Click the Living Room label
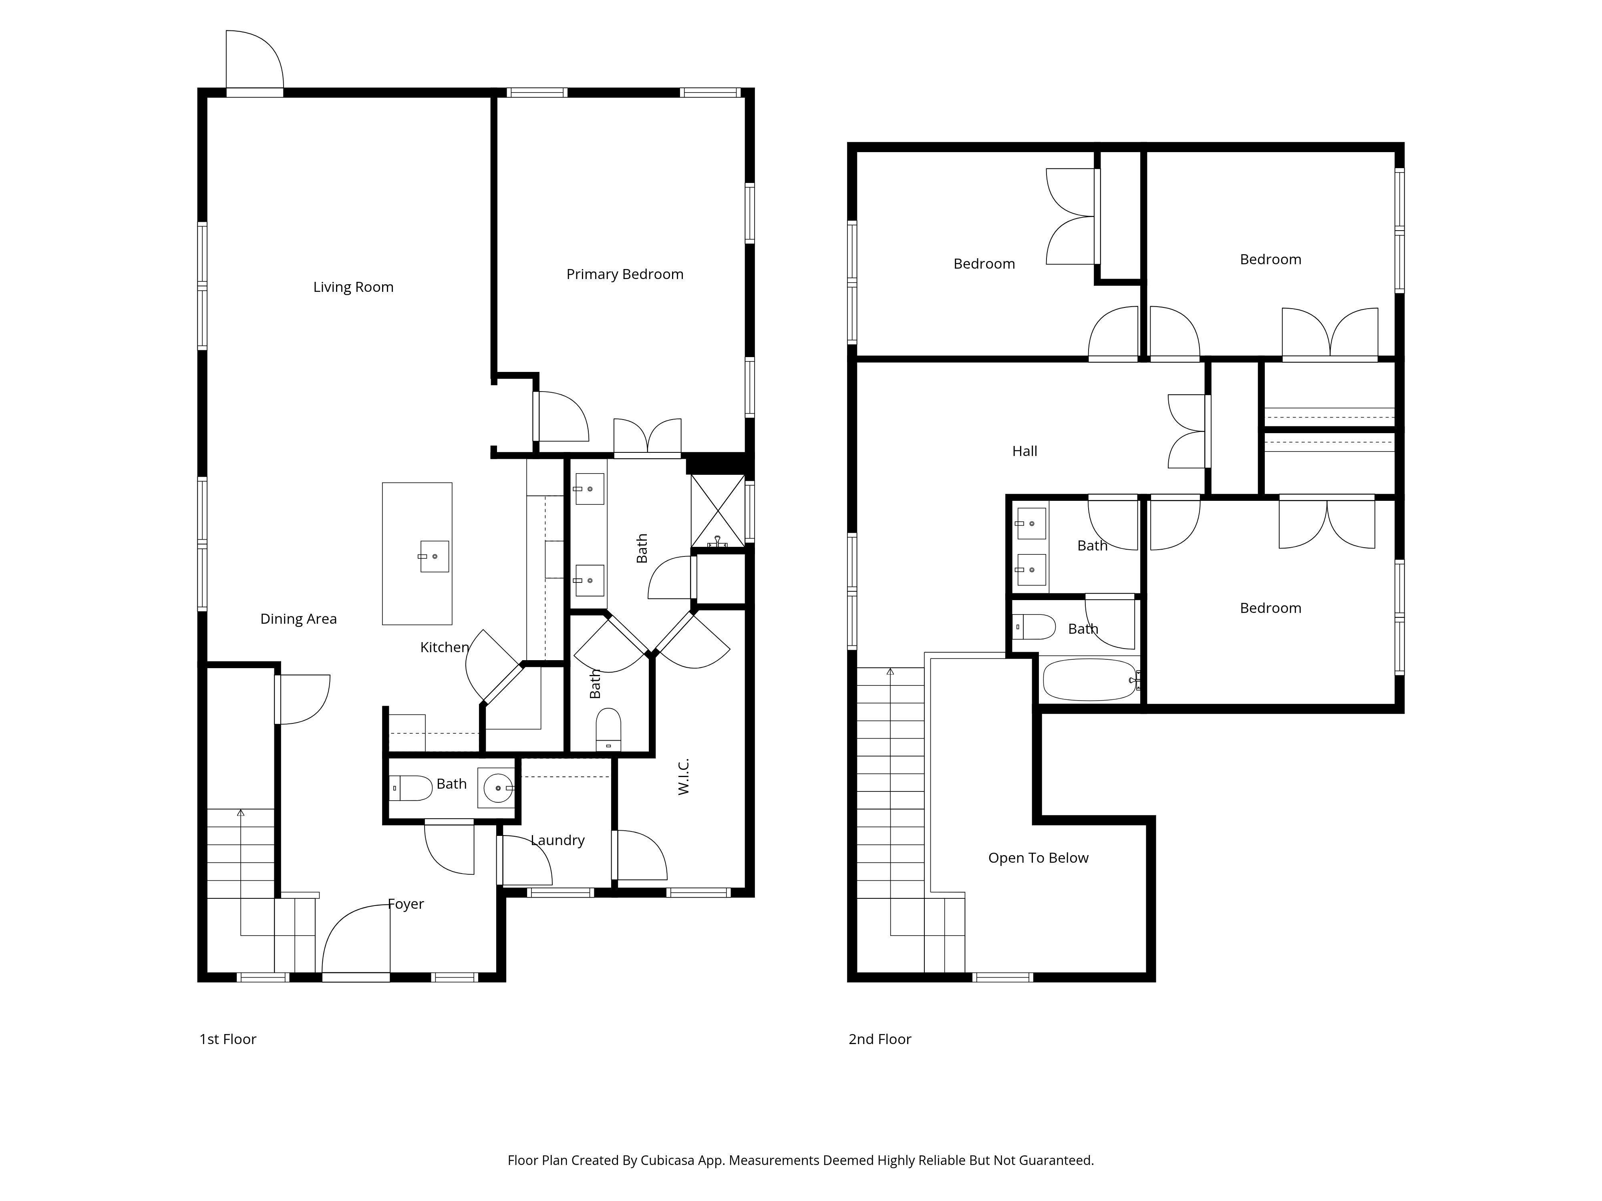click(353, 287)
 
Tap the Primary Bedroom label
click(625, 274)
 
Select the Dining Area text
click(298, 619)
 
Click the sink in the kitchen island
click(435, 556)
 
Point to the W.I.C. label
click(684, 777)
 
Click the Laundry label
click(557, 840)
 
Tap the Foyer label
click(406, 904)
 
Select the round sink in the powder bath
click(498, 787)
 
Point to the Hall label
click(1025, 452)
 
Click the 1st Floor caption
click(228, 1040)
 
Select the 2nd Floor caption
click(880, 1040)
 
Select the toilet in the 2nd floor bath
click(1034, 627)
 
